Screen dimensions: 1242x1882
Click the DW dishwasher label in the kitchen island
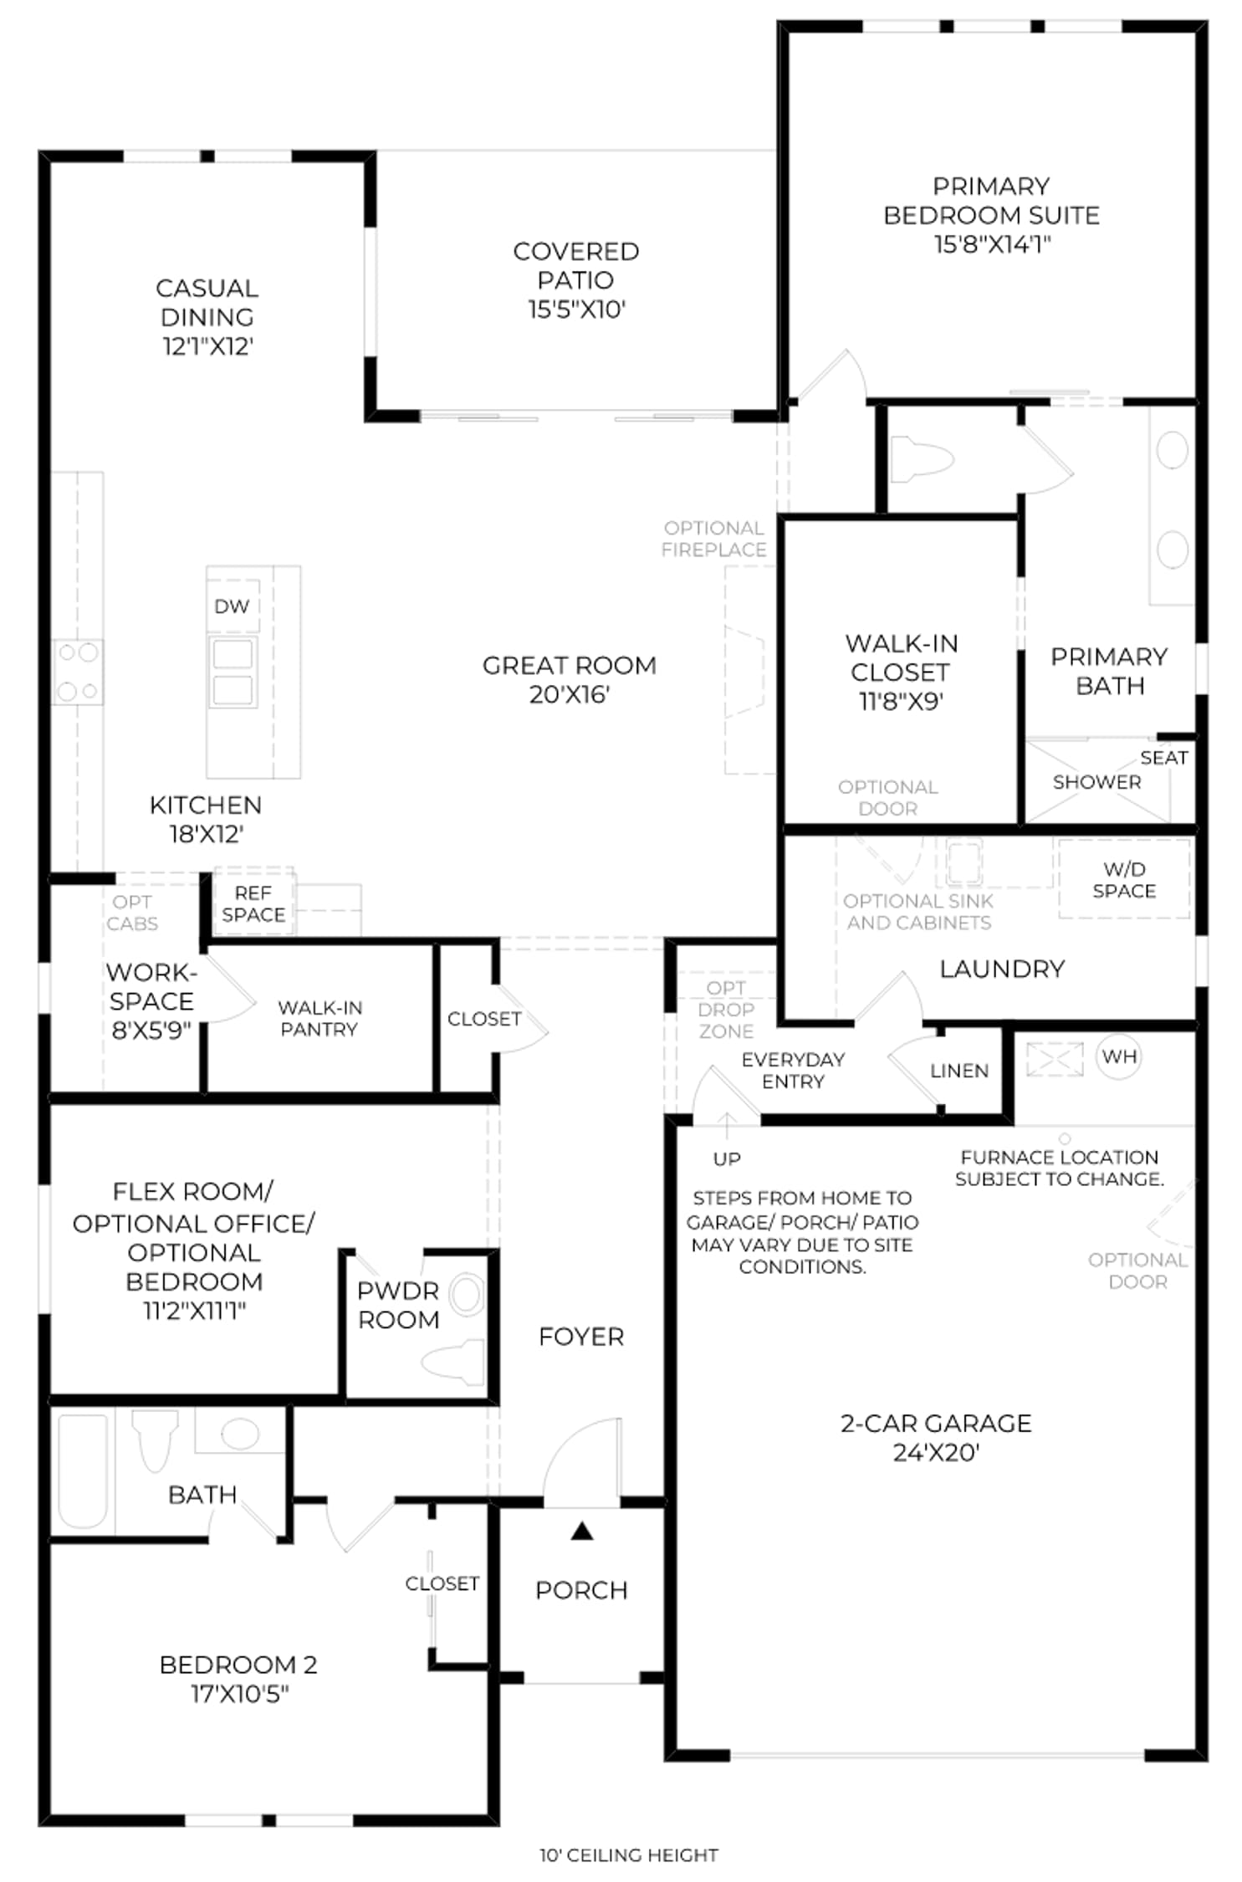(232, 606)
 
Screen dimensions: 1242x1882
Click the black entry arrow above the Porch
(582, 1532)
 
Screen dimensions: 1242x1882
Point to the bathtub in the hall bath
(83, 1471)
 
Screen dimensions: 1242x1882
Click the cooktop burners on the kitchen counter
(78, 672)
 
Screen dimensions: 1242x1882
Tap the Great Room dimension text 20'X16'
(570, 694)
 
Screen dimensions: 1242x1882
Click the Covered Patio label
(576, 266)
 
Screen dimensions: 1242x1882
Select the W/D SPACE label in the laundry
(1124, 880)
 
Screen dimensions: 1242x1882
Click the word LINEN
(959, 1071)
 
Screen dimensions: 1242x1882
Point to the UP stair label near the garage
(727, 1158)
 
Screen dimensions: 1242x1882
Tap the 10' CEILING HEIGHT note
(629, 1855)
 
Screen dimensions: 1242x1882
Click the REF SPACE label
(253, 904)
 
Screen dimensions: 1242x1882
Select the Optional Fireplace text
(714, 539)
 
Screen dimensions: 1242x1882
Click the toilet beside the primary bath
(922, 459)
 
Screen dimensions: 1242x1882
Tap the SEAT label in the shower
(1164, 758)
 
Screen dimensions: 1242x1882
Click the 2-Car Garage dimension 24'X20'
(936, 1452)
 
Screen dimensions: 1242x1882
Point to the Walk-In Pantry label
(320, 1018)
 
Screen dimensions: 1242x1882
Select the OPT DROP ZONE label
(726, 1010)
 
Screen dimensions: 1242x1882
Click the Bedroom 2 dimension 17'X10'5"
(240, 1693)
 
